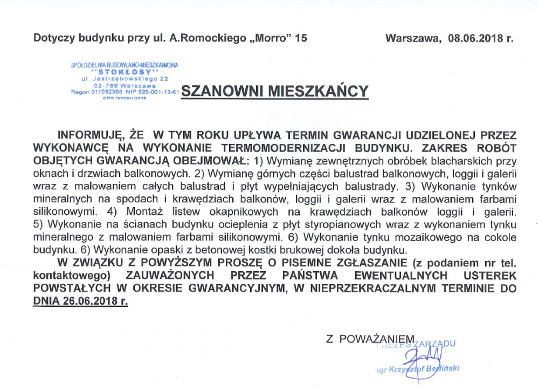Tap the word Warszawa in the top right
point(410,38)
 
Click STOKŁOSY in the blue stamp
point(125,72)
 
